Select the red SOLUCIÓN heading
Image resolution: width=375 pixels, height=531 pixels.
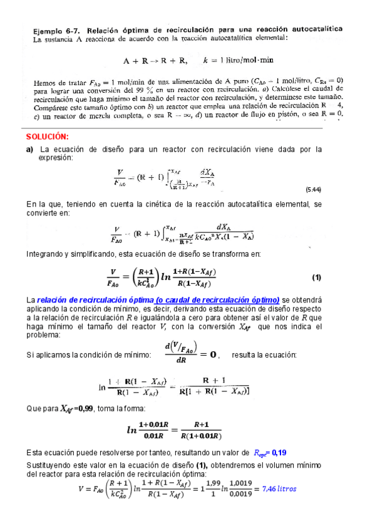coord(47,137)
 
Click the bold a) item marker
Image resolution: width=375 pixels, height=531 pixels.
coord(29,150)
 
